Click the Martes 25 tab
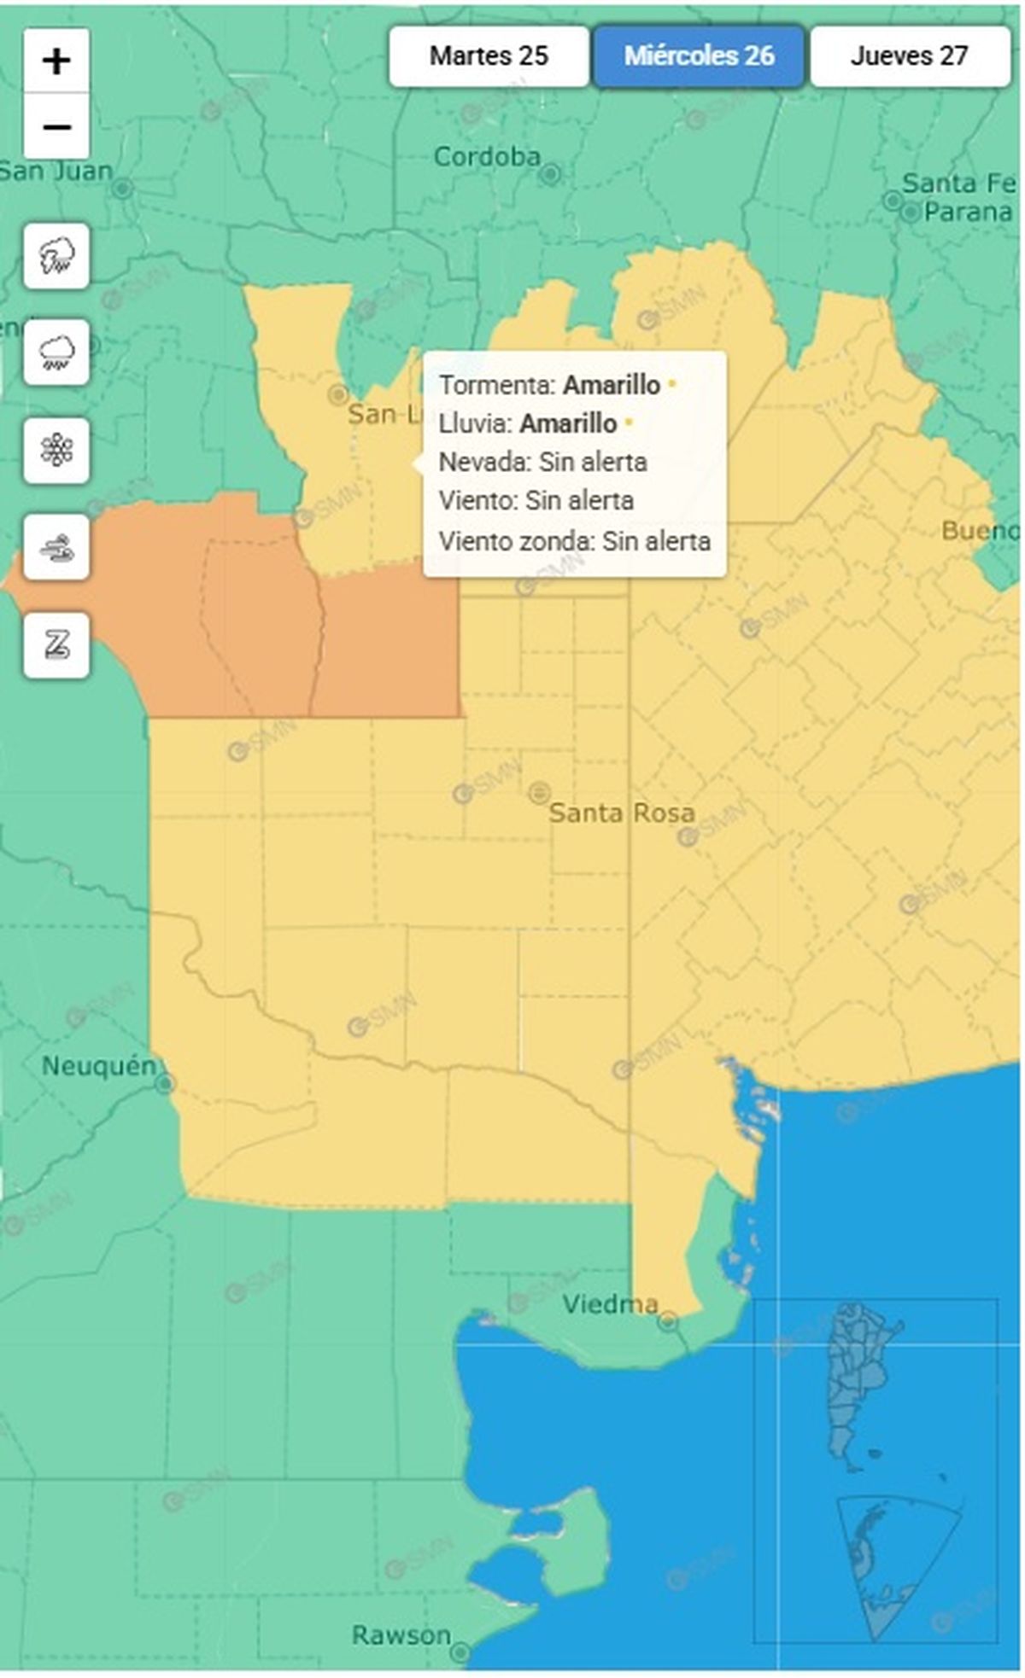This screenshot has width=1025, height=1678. point(489,56)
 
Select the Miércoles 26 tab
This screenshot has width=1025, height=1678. point(699,56)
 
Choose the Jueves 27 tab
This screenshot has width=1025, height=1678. point(910,56)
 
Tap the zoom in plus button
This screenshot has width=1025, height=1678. point(56,61)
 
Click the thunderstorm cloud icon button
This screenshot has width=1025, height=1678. point(56,255)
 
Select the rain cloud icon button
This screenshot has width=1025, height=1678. point(56,352)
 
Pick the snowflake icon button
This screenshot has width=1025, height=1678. point(56,450)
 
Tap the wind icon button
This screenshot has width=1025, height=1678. point(56,547)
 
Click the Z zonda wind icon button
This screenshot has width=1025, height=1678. point(56,645)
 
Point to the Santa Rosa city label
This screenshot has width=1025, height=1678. point(621,813)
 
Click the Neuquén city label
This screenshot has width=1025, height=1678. point(99,1066)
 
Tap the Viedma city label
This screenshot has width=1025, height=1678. point(610,1304)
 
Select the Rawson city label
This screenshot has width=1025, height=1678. point(401,1635)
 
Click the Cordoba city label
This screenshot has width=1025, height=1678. point(487,157)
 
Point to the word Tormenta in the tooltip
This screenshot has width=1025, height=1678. point(497,385)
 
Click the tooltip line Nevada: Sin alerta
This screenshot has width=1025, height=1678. point(542,463)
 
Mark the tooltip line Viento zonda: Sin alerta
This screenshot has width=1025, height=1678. point(574,541)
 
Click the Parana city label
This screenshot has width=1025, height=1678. point(968,212)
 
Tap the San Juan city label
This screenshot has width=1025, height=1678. point(56,172)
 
